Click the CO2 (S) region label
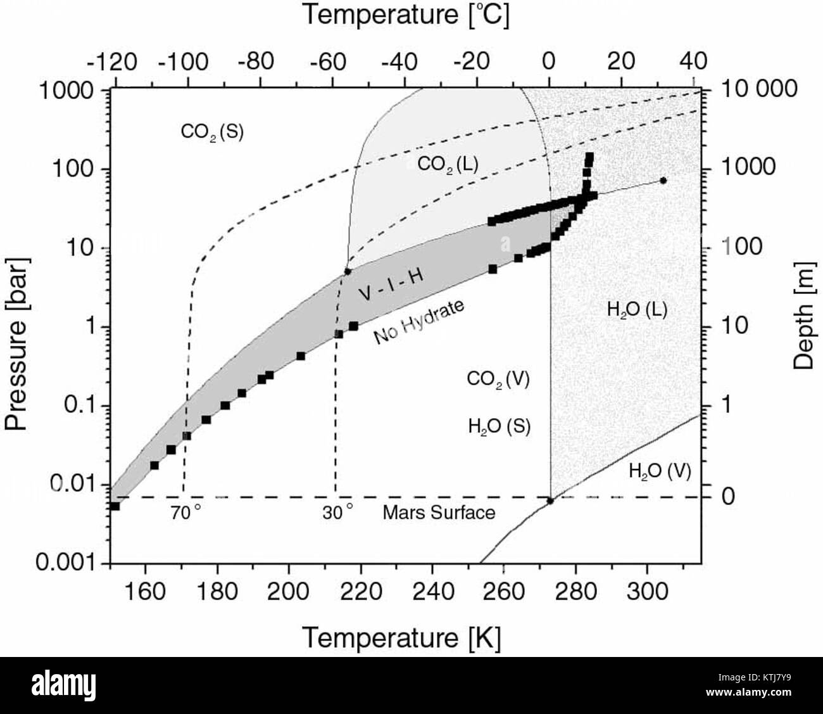pos(212,132)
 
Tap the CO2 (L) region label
pos(448,164)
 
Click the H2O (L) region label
pos(637,310)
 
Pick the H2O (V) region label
pos(660,471)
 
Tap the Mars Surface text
pos(439,513)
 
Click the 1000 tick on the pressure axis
pos(66,90)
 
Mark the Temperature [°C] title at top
pos(405,15)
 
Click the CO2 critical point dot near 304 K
pos(663,181)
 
